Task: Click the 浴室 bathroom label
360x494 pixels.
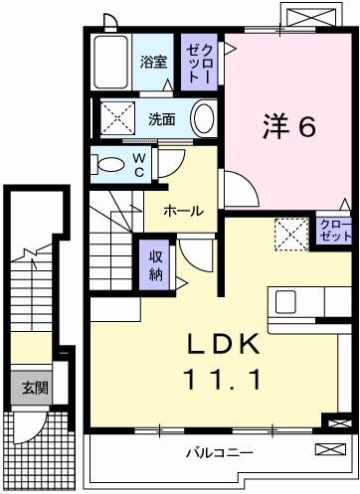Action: (x=153, y=62)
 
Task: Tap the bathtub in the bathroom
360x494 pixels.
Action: (x=110, y=62)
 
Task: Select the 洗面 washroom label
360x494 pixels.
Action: (x=162, y=119)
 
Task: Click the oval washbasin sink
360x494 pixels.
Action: (x=204, y=119)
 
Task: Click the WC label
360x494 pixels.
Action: (x=139, y=165)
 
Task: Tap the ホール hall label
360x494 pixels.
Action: (x=183, y=211)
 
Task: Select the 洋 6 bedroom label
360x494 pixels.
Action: (x=289, y=126)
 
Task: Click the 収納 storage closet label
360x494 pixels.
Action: (x=155, y=265)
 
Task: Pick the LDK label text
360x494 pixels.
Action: (x=223, y=344)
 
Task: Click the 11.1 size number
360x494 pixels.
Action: (x=222, y=379)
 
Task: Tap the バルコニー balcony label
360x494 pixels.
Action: (x=219, y=452)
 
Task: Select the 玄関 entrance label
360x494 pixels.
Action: (x=36, y=388)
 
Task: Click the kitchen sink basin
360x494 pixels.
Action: (x=285, y=301)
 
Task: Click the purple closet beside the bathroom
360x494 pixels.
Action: (x=199, y=62)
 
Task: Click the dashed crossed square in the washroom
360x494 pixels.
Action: (x=118, y=118)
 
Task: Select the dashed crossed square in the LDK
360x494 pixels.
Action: (x=291, y=235)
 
